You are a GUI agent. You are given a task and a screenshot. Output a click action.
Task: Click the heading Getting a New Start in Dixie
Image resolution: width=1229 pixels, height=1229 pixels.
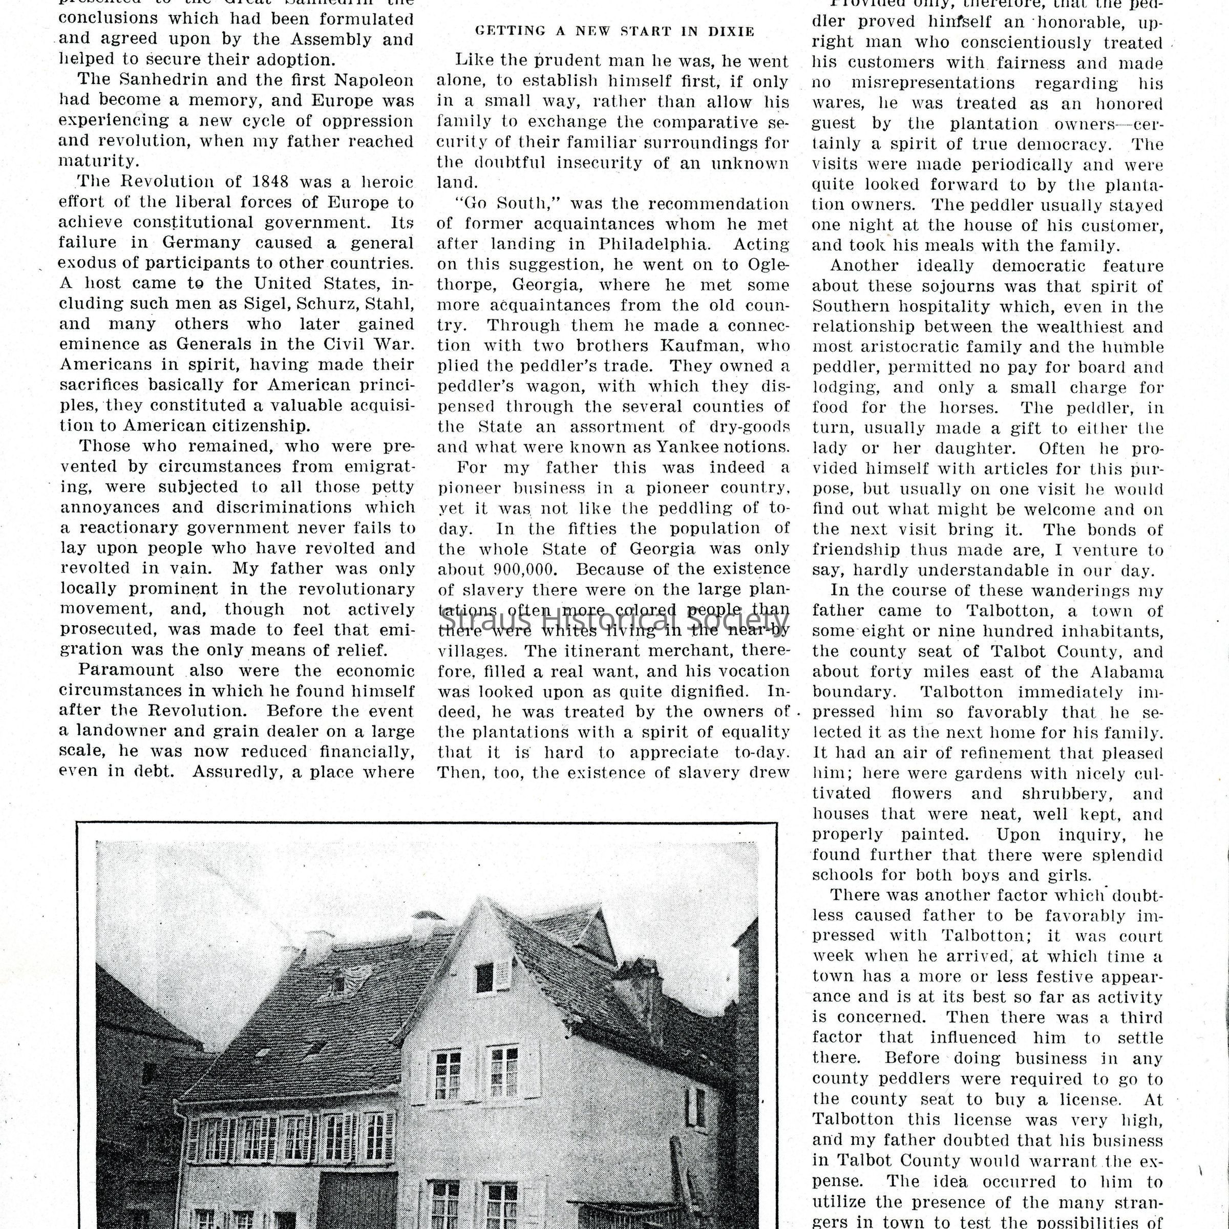click(x=614, y=31)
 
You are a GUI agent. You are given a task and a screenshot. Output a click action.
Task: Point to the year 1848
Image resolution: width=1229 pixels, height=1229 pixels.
click(x=262, y=182)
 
